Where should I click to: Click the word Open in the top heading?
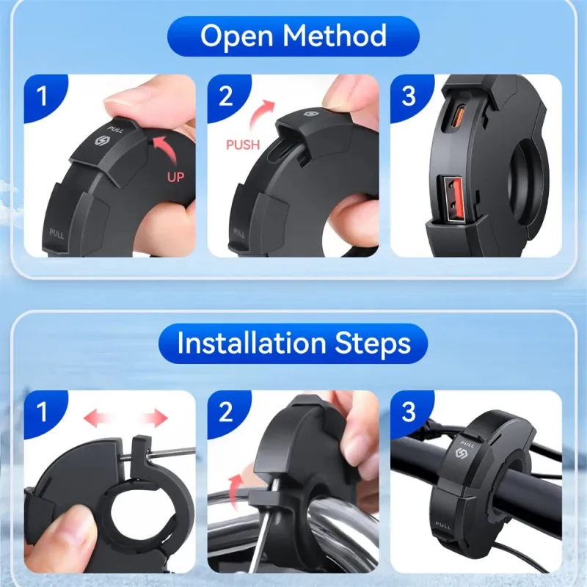click(x=236, y=36)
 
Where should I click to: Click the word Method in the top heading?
click(x=335, y=35)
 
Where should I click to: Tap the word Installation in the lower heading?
click(x=252, y=343)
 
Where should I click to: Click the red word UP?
click(x=175, y=177)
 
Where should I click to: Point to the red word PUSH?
click(x=243, y=145)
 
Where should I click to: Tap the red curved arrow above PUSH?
click(x=262, y=116)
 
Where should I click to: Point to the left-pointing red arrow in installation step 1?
click(x=98, y=418)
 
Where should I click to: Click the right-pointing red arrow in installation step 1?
click(x=154, y=418)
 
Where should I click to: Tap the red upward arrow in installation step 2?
click(x=234, y=491)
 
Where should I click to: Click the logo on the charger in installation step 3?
click(x=462, y=454)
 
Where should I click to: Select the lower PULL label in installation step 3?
click(x=443, y=525)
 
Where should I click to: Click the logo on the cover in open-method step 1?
click(x=101, y=141)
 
